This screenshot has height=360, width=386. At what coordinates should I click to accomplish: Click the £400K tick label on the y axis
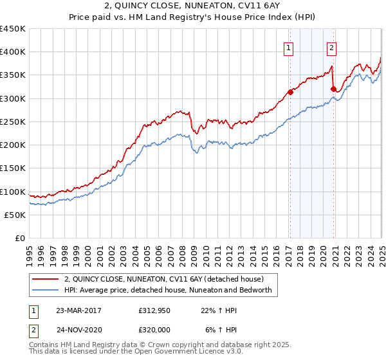coord(12,52)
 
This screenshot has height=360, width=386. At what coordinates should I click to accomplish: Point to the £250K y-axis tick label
coord(12,122)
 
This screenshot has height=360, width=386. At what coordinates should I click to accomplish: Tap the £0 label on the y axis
coord(20,238)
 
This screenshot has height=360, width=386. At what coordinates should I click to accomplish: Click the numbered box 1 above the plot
coord(288,47)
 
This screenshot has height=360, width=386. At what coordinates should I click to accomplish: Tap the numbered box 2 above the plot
coord(331,47)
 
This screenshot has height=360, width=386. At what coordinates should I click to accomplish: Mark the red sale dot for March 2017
coord(290,93)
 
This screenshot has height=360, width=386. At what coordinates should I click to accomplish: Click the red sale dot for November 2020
coord(333,89)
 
